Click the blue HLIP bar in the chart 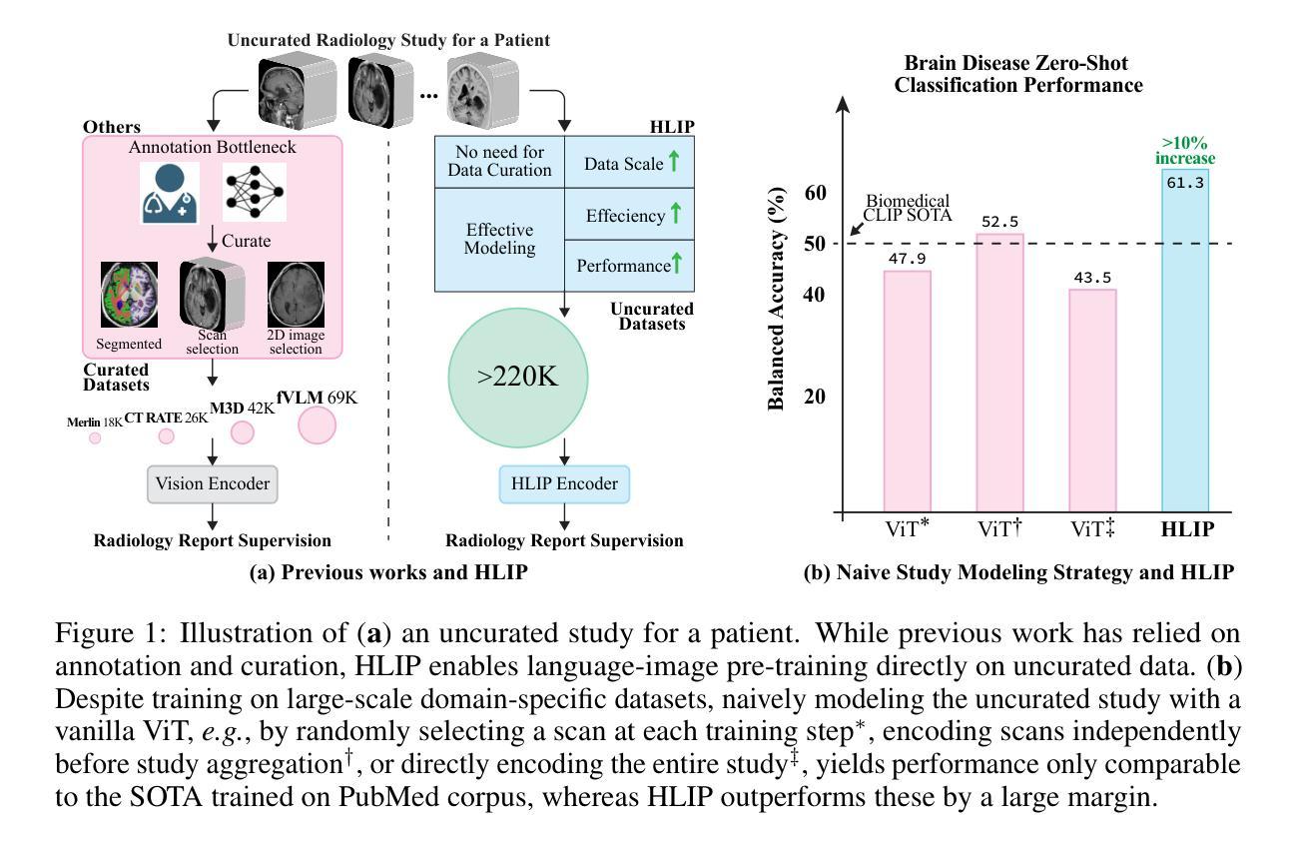[x=1185, y=340]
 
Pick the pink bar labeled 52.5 [x=999, y=374]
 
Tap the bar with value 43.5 [x=1092, y=401]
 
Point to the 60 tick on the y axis [x=816, y=192]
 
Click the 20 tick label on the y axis [x=816, y=397]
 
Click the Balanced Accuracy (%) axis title [x=776, y=301]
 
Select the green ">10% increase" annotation [x=1186, y=151]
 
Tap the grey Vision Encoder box [x=212, y=484]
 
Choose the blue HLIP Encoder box [x=564, y=484]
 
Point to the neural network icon [x=254, y=192]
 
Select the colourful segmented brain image [x=129, y=296]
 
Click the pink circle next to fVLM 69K [x=317, y=425]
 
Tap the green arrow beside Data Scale [x=674, y=162]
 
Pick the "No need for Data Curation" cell [x=499, y=161]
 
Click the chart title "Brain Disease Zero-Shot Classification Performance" [x=1018, y=75]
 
